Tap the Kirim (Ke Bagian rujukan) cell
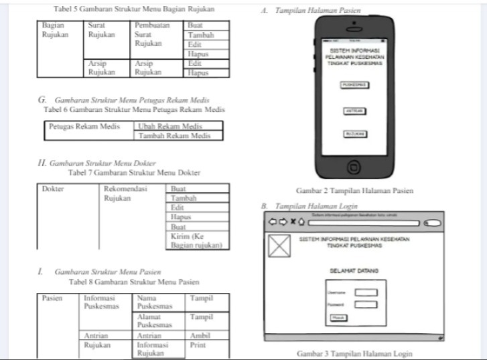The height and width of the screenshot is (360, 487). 196,241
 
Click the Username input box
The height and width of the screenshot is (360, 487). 366,292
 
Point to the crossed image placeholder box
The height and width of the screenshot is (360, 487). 279,245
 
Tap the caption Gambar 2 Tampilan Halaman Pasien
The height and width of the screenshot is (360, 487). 355,191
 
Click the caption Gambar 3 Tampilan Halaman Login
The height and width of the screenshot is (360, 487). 355,353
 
